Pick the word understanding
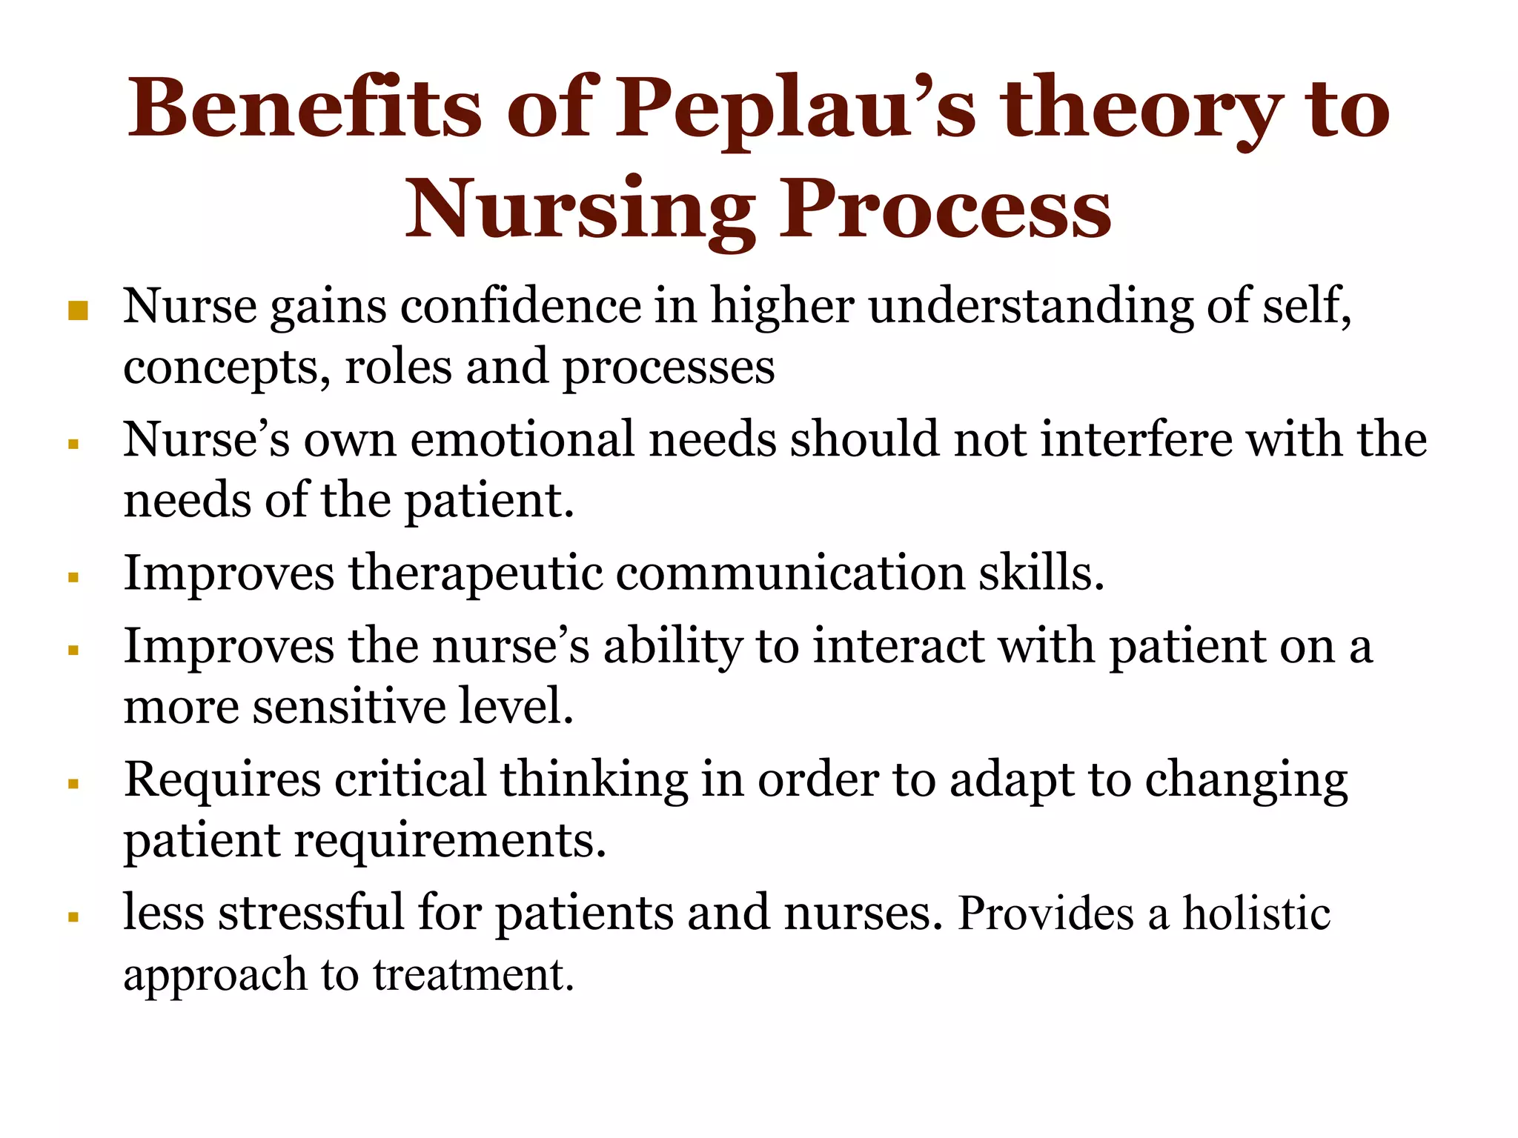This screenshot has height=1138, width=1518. [1030, 307]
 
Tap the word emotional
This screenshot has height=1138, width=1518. [522, 439]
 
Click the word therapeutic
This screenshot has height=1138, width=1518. [475, 574]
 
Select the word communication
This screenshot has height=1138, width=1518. [790, 573]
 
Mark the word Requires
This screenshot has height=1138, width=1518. [222, 781]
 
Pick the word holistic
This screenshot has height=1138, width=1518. [1256, 913]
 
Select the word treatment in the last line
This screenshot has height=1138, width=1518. [474, 974]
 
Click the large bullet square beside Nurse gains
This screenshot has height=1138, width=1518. [78, 310]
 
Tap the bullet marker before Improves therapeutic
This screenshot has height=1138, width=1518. [73, 578]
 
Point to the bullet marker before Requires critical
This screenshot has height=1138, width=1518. [73, 784]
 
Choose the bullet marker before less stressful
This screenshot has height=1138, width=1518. [73, 917]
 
